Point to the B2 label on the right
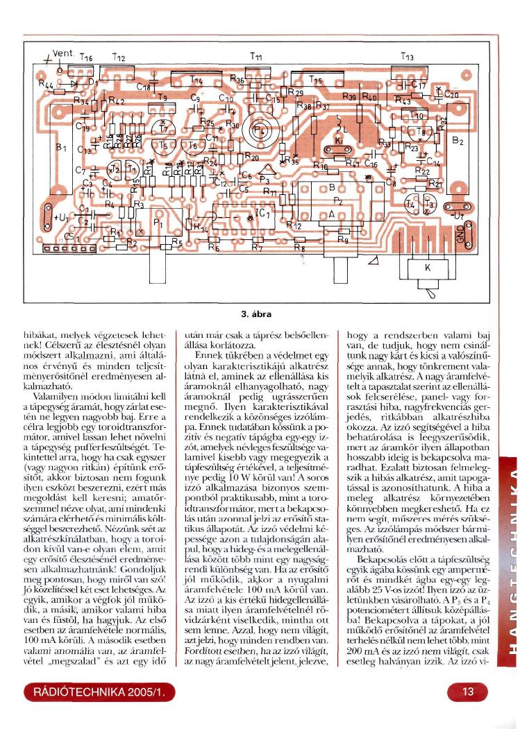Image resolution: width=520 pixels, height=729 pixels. tap(458, 141)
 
